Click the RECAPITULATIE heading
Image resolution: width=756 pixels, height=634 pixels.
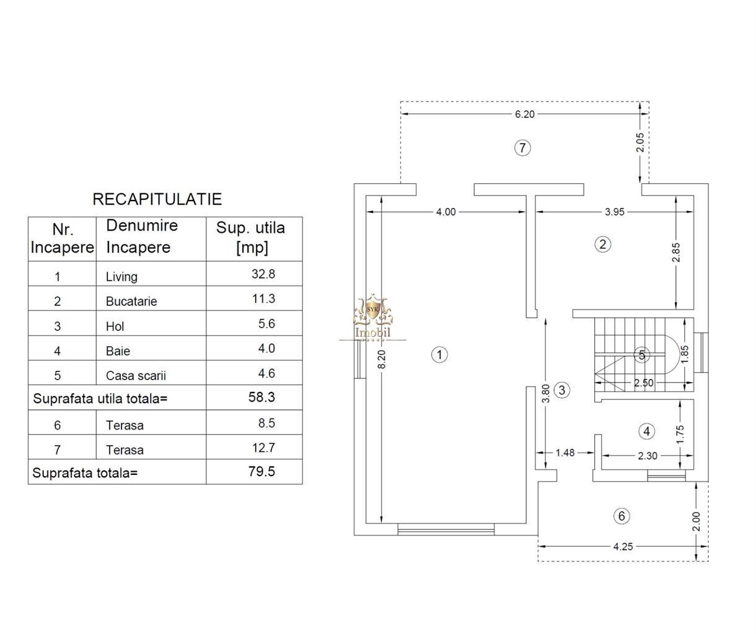(157, 199)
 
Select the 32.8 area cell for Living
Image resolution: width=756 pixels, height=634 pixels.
(263, 274)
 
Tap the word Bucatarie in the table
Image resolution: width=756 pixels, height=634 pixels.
(131, 301)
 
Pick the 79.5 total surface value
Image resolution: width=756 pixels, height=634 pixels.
(262, 471)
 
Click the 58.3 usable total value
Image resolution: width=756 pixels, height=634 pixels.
(262, 397)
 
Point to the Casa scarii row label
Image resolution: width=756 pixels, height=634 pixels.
(136, 376)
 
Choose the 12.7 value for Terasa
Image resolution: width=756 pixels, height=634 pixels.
(263, 448)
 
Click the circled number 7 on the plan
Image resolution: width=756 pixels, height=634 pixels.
(522, 147)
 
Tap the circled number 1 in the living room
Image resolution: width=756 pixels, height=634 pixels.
(439, 355)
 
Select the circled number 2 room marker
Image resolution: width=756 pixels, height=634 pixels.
(603, 245)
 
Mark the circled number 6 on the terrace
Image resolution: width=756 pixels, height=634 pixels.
(622, 516)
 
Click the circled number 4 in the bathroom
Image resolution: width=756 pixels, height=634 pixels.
(647, 432)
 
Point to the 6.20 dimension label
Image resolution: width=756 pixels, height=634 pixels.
(525, 115)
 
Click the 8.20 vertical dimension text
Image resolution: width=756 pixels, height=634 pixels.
(382, 359)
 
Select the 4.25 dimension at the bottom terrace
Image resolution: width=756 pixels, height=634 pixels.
(623, 547)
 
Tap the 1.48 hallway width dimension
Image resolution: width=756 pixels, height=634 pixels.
(565, 453)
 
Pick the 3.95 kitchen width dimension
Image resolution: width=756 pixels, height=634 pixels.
(615, 212)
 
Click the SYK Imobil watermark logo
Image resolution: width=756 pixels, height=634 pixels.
(372, 318)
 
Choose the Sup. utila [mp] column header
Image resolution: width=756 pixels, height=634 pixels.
(251, 238)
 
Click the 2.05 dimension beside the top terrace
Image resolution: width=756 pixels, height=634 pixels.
(640, 142)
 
